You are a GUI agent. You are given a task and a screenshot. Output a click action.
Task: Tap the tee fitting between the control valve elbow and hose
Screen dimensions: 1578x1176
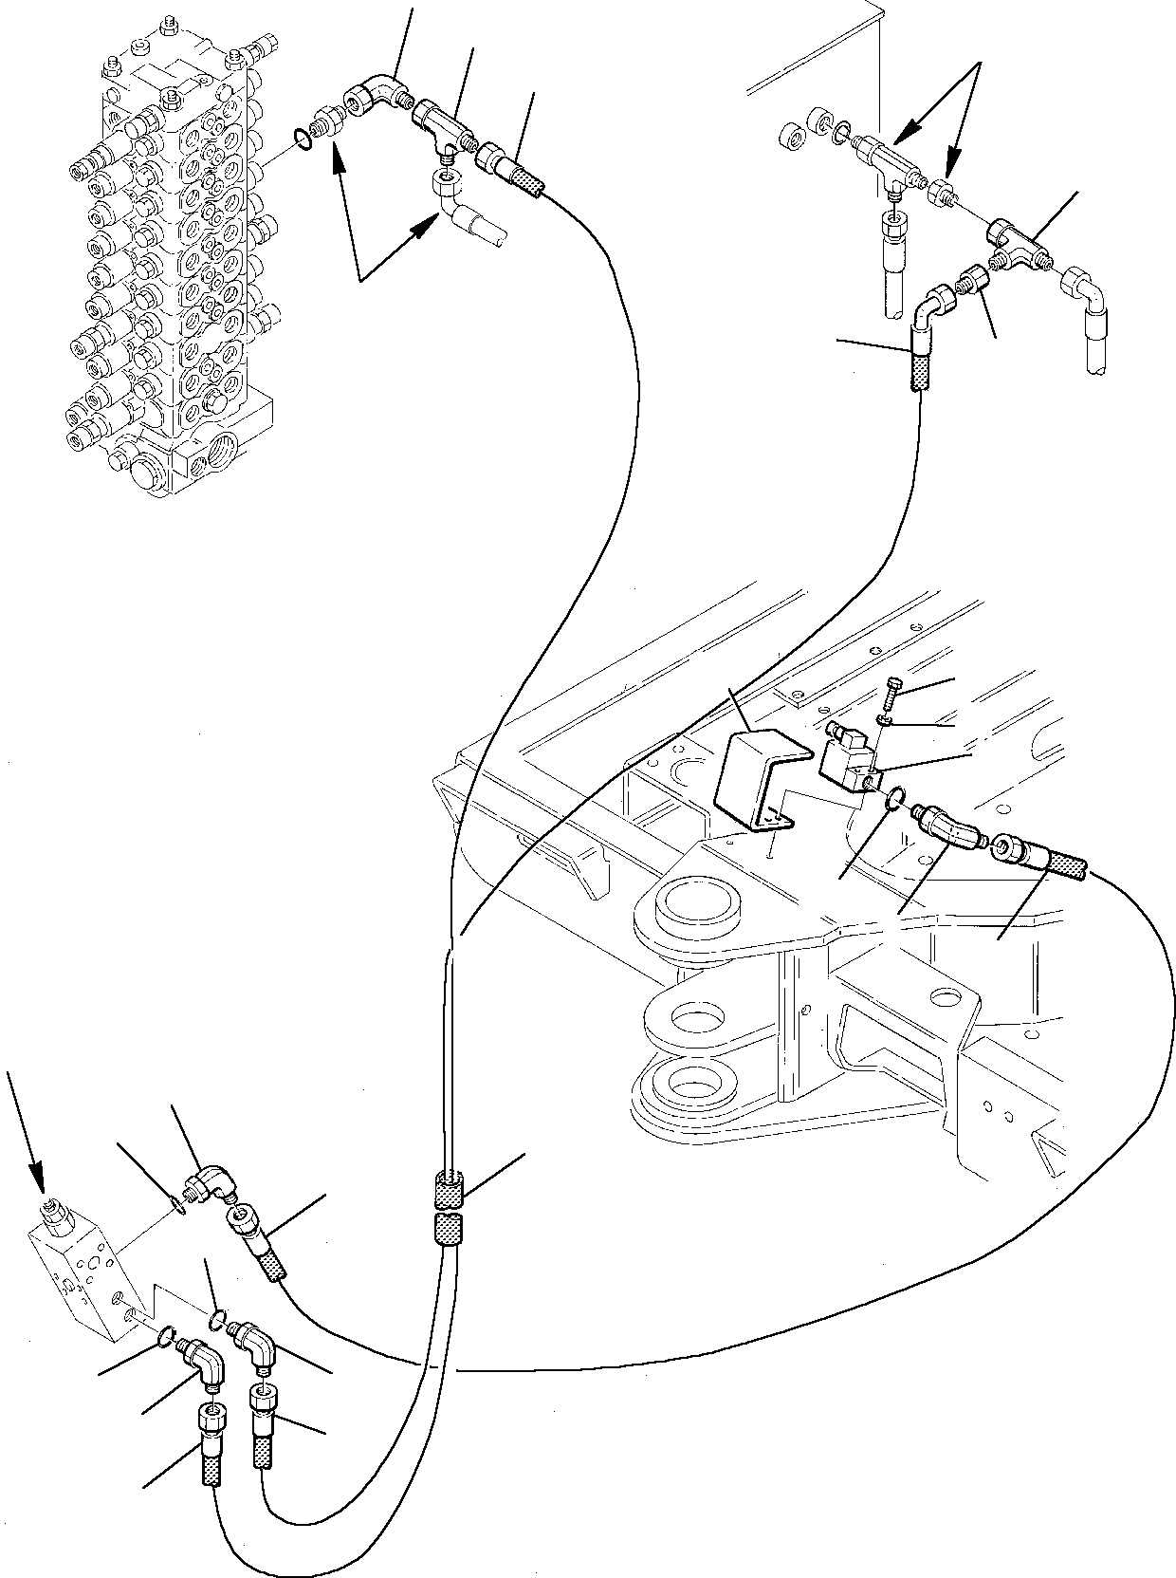point(444,130)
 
